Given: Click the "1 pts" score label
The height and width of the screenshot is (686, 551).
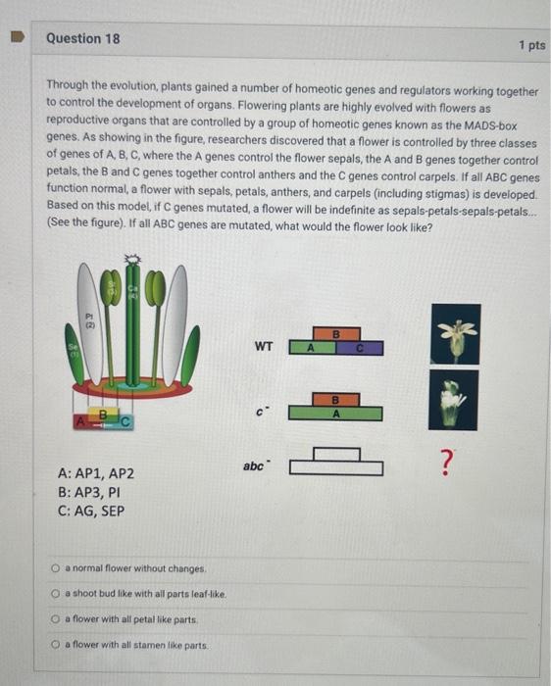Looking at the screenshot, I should [x=531, y=46].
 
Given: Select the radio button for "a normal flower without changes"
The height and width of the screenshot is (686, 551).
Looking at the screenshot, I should [x=58, y=568].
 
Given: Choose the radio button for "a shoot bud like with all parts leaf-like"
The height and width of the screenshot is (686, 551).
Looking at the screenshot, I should [x=58, y=594].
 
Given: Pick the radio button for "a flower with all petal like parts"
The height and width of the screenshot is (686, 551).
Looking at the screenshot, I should [x=58, y=619].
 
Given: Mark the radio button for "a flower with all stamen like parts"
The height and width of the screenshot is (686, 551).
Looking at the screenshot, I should [x=58, y=645].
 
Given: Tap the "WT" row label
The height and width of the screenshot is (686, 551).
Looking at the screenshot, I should [x=264, y=346].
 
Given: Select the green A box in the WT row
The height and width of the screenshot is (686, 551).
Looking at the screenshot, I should [x=311, y=347].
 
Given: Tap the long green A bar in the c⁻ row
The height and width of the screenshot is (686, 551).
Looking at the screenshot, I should [x=336, y=413].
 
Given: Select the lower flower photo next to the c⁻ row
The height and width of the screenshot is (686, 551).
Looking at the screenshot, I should [x=454, y=399].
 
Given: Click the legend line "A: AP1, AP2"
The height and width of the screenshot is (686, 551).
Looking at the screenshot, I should [x=97, y=473].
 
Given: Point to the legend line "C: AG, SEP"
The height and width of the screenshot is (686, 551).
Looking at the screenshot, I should [x=92, y=511].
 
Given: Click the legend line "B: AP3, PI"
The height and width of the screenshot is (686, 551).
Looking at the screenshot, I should [x=89, y=492].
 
